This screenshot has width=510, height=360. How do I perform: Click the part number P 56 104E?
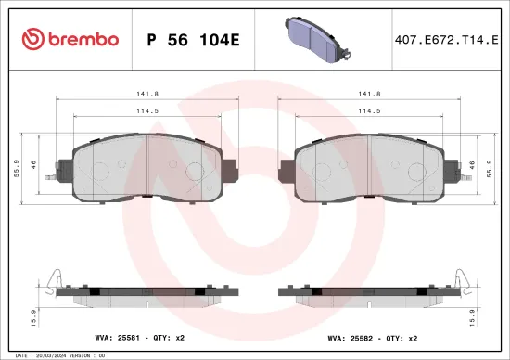pos(194,39)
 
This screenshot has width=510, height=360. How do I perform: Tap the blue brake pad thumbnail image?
pos(314,39)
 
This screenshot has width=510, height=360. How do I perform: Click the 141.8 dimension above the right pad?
pos(369,94)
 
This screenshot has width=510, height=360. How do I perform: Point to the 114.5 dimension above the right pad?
pos(369,112)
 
